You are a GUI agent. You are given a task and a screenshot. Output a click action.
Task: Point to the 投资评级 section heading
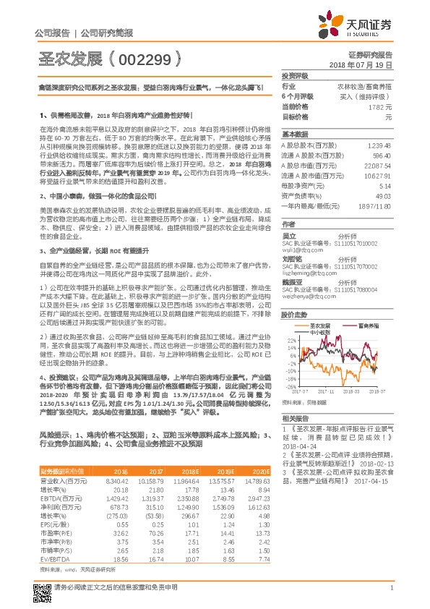295,75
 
